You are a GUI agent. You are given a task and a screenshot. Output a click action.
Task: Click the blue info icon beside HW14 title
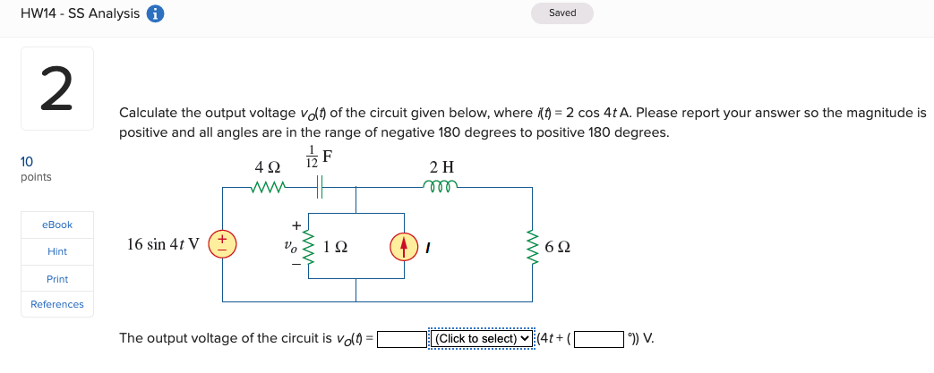[x=155, y=13]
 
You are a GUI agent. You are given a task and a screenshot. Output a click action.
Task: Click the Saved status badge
[x=562, y=13]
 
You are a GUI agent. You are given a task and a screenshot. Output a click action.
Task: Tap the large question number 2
[x=56, y=89]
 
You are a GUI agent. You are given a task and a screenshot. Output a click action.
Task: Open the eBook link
[x=57, y=225]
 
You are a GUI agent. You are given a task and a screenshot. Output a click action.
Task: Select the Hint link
[x=57, y=252]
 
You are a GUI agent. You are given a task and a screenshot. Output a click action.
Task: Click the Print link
[x=57, y=279]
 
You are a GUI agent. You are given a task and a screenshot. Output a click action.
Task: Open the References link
[x=57, y=304]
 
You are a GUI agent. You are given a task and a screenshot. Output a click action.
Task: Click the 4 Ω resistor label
[x=267, y=167]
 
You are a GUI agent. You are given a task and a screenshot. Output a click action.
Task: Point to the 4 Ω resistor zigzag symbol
[x=268, y=188]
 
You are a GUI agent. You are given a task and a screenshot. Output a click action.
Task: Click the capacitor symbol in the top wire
[x=321, y=188]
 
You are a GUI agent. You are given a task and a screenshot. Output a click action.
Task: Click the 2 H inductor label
[x=443, y=167]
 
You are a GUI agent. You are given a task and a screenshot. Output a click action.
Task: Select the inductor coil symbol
[x=443, y=187]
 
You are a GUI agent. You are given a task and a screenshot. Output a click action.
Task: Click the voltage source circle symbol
[x=223, y=244]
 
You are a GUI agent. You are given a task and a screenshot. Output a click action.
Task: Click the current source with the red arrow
[x=403, y=244]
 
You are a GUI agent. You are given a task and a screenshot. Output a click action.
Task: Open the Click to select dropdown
[x=482, y=339]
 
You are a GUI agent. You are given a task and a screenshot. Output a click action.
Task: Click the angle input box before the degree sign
[x=599, y=339]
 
